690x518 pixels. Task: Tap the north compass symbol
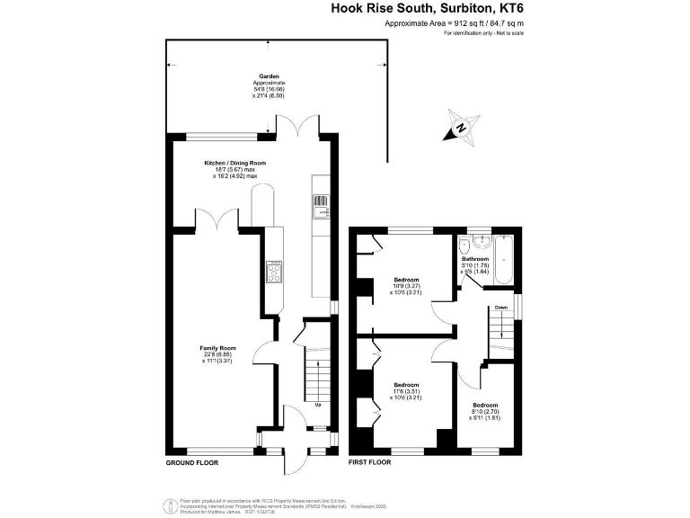461,128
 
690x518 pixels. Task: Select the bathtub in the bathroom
502,260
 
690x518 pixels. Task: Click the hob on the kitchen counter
273,271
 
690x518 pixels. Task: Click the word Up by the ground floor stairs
317,405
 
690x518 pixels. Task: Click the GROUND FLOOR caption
191,463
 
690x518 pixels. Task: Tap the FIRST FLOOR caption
370,463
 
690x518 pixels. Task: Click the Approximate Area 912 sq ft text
454,23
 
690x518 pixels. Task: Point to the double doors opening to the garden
297,129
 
